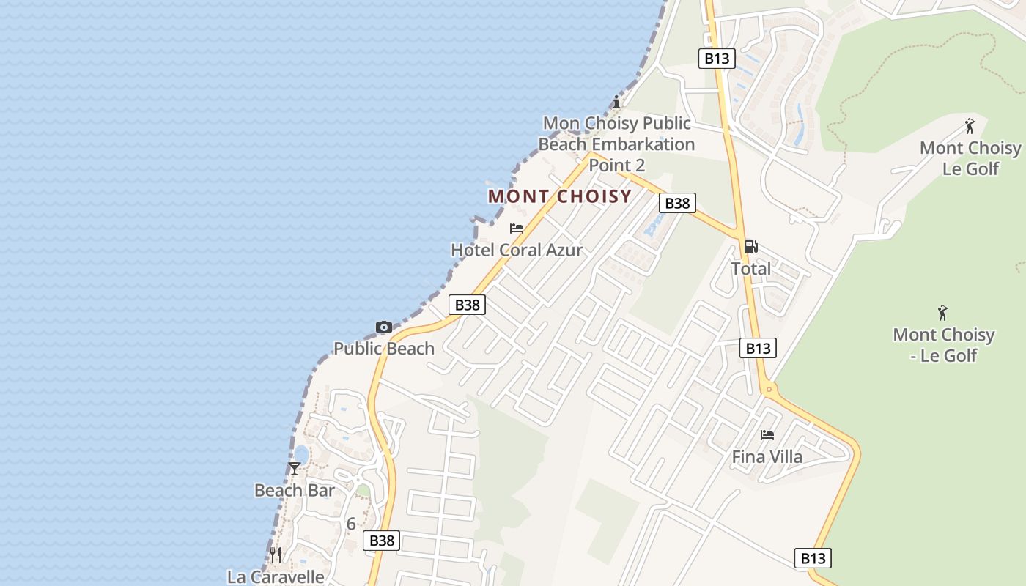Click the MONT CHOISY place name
click(560, 196)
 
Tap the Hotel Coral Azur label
click(517, 250)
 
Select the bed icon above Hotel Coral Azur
click(517, 229)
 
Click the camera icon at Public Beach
click(383, 327)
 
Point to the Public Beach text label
click(384, 349)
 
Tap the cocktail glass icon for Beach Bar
click(295, 468)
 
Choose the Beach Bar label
click(295, 490)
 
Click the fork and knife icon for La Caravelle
click(276, 555)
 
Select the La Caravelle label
click(276, 576)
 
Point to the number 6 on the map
click(351, 524)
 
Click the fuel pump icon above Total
click(750, 247)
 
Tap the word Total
click(750, 269)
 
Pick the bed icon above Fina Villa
click(767, 435)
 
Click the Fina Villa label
click(767, 457)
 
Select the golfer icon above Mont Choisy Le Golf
click(970, 126)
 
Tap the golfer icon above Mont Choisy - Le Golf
click(942, 313)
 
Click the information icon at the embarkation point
click(616, 102)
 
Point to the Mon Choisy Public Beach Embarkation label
click(616, 144)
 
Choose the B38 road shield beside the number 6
click(382, 541)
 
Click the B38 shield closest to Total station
click(676, 203)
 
